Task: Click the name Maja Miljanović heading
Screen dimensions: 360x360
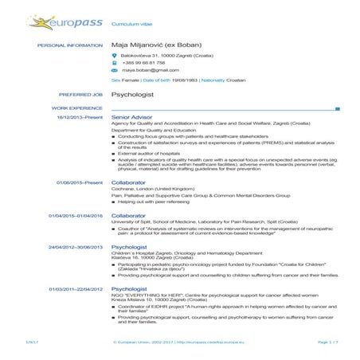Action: click(157, 46)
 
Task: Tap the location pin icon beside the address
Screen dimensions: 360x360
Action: click(115, 56)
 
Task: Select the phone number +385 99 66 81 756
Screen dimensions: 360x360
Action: click(143, 63)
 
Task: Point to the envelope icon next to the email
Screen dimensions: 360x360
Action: click(115, 70)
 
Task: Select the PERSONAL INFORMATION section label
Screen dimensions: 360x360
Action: click(71, 46)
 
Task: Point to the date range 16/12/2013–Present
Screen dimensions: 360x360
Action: click(80, 117)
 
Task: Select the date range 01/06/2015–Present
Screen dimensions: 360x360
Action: click(80, 182)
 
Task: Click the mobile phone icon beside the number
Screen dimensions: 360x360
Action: click(115, 63)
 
